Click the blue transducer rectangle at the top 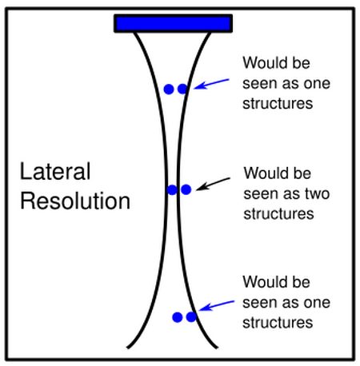click(174, 23)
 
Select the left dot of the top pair click(169, 90)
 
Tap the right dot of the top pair click(182, 90)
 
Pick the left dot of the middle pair click(173, 189)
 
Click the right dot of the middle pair click(186, 189)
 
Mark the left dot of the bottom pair click(178, 317)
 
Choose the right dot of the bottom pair click(191, 317)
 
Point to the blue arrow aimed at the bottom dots click(218, 305)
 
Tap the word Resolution click(75, 201)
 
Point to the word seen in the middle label click(261, 193)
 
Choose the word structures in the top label click(278, 103)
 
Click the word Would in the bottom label click(263, 283)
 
